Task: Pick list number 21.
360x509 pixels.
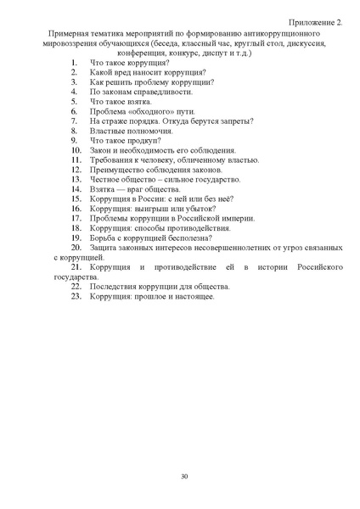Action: click(x=75, y=267)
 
